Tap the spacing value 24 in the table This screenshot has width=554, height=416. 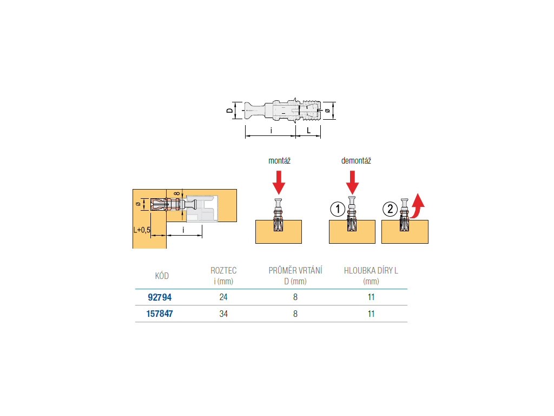point(223,297)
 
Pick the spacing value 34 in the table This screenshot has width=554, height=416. point(223,313)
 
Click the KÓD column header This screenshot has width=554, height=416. point(162,276)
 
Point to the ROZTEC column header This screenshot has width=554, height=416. point(223,270)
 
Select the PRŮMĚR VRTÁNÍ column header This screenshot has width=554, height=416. point(295,270)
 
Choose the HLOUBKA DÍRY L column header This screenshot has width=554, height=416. point(371,270)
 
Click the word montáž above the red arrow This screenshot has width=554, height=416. point(280,161)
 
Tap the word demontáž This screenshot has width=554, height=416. point(356,161)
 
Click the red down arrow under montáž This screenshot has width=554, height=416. point(279,182)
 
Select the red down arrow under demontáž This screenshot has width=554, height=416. point(353,182)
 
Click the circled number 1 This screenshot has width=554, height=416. point(337,209)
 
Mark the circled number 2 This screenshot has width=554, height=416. point(390,209)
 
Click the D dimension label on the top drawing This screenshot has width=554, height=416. point(229,110)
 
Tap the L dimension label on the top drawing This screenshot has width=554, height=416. point(308,131)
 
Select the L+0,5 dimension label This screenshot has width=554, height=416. point(142,230)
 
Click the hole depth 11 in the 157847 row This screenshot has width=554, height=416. point(371,313)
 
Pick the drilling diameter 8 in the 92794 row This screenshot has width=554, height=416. point(295,297)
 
